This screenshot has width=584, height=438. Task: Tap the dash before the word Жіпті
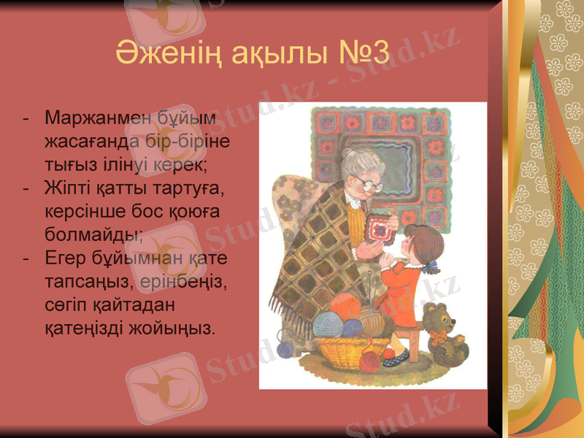click(27, 188)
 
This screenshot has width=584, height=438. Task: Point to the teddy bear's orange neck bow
click(439, 337)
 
